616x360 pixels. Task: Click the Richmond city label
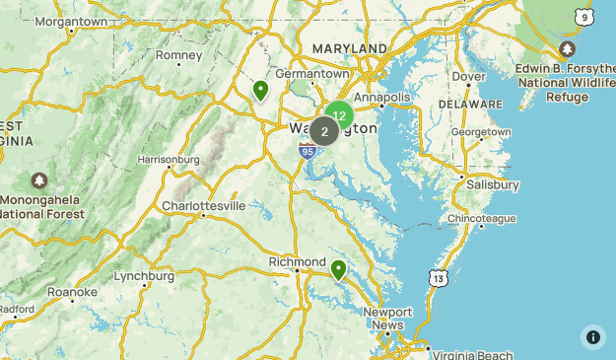297,261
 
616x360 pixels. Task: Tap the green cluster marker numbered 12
339,115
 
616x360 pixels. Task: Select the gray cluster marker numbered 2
324,131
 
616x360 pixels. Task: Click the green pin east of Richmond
338,269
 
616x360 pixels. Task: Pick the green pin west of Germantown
261,91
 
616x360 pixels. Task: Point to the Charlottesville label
203,206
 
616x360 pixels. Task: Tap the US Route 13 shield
439,279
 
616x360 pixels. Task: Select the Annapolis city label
381,98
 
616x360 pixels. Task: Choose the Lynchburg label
144,275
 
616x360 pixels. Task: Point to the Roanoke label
72,292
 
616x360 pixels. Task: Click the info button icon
593,336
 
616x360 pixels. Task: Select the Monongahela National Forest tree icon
38,181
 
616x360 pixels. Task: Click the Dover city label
469,76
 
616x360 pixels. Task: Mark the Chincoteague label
481,218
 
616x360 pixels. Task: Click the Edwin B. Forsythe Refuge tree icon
567,49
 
